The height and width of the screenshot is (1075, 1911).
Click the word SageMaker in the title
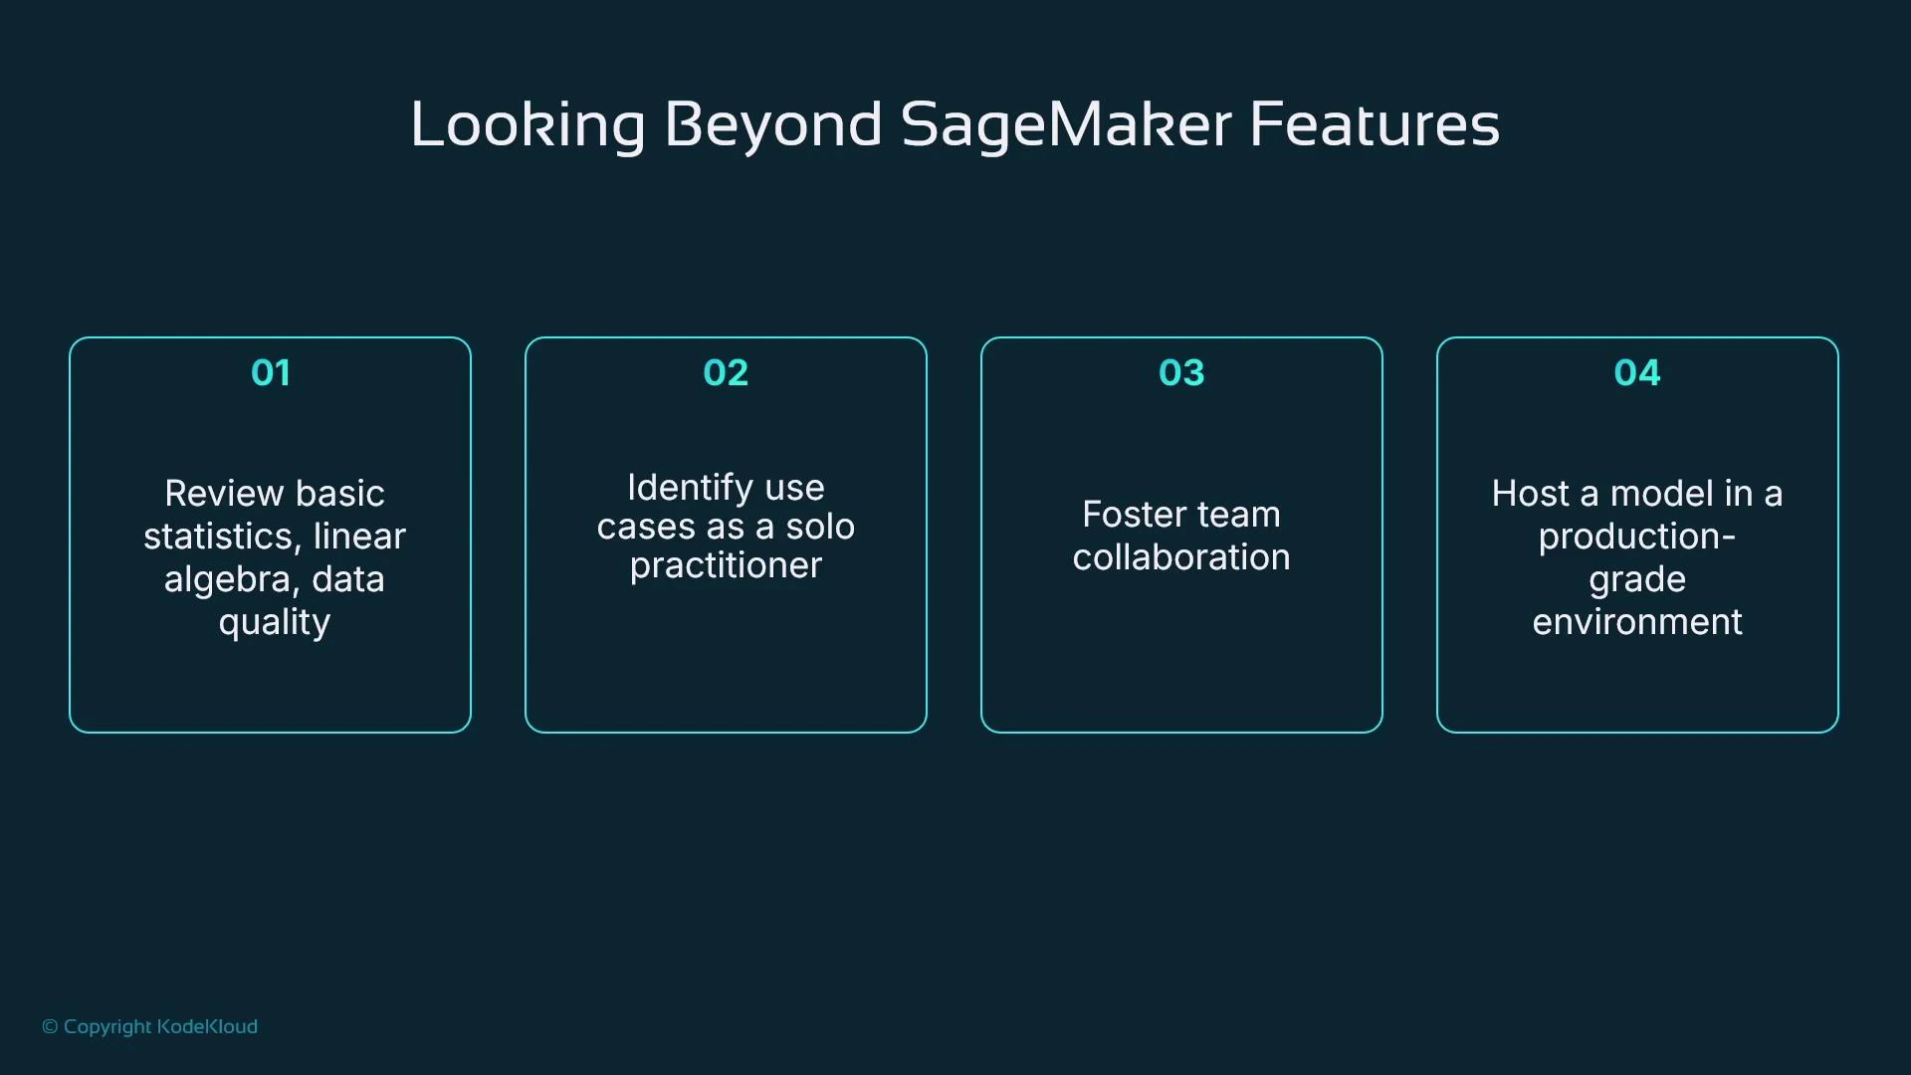1066,126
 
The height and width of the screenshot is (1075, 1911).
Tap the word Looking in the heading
529,126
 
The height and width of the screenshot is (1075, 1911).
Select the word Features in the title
1374,126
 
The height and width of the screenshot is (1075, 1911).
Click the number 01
271,373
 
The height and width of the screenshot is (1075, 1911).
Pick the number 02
726,373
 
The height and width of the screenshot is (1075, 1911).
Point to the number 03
1181,373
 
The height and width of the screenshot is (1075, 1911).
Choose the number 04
1637,373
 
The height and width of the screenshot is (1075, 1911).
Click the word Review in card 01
223,494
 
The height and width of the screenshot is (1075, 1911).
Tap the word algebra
227,579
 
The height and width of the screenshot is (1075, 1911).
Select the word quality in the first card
275,623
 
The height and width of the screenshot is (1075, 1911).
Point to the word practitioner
726,565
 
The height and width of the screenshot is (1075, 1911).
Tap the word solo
820,527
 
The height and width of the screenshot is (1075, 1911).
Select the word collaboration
1181,557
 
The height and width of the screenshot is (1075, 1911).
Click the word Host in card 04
1530,494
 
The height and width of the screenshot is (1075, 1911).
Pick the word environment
1637,622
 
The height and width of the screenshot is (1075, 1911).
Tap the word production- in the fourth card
1637,537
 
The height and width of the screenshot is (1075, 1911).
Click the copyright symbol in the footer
50,1027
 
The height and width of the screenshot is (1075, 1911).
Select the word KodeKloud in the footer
207,1027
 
